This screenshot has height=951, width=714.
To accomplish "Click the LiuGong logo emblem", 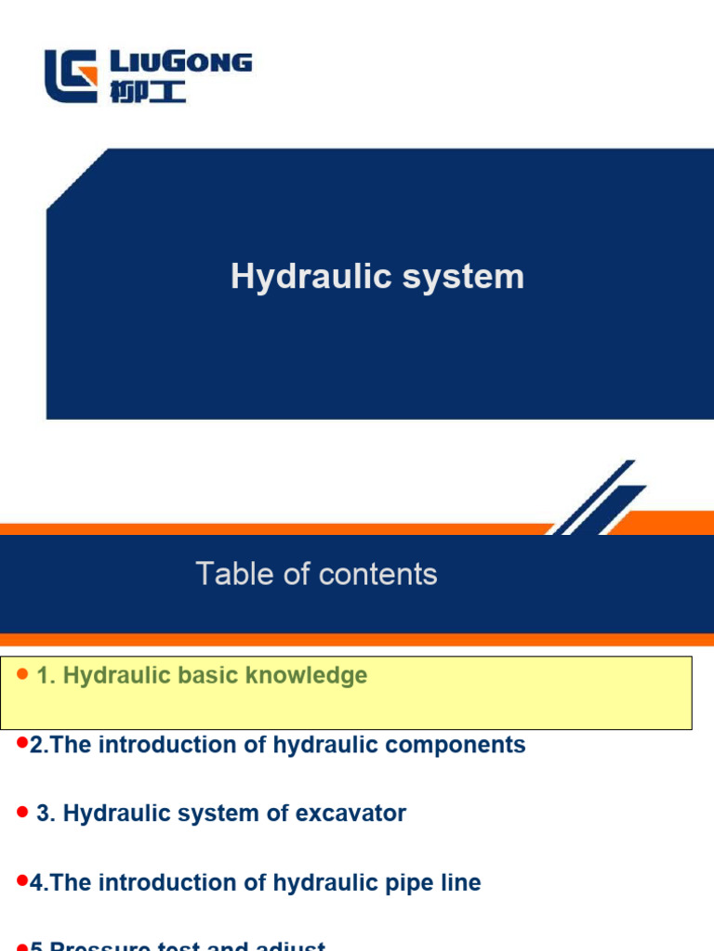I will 71,76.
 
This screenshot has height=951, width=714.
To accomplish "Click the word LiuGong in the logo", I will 181,63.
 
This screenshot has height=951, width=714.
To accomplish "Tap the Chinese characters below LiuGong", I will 148,92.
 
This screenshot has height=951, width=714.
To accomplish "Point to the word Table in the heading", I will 236,574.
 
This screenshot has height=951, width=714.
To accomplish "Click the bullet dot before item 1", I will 23,674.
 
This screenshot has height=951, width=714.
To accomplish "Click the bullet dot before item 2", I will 22,745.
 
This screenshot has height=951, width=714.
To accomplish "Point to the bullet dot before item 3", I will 23,813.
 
